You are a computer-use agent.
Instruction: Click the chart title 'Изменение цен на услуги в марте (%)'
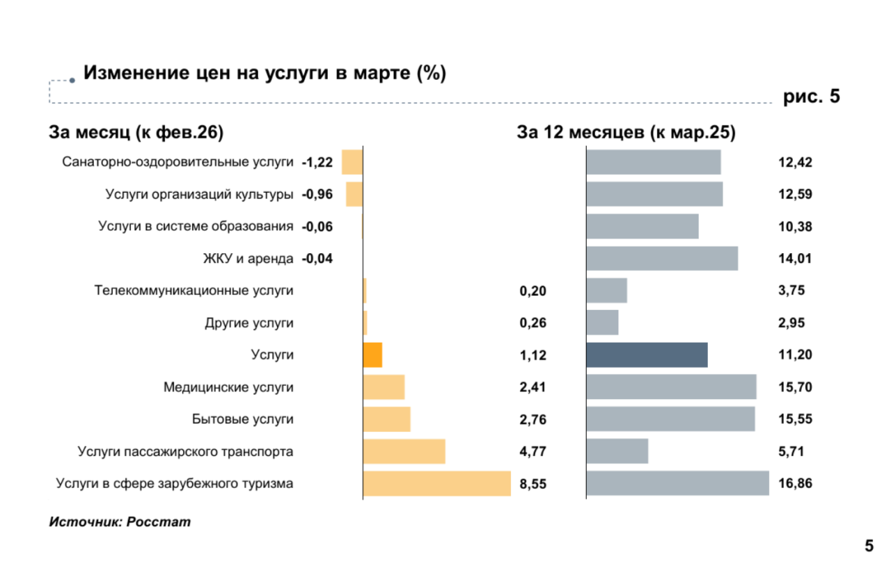265,74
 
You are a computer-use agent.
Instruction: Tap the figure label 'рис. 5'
812,97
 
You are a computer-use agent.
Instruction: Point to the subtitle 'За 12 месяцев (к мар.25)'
626,132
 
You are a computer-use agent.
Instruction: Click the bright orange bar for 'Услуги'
372,355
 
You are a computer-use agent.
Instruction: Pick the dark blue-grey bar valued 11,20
647,355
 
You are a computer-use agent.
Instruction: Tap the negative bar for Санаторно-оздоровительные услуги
352,162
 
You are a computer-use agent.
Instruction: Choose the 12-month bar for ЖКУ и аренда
662,259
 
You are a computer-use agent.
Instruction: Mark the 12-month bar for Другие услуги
602,323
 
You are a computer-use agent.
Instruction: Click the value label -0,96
317,195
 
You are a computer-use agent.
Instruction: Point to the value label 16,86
795,484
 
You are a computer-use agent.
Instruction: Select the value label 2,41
533,387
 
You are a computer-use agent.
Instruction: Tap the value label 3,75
791,291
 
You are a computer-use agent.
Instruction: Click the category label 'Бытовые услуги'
242,419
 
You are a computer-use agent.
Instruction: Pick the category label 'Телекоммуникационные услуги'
194,291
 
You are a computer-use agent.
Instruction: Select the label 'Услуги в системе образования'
196,227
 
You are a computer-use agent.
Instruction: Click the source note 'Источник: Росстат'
119,521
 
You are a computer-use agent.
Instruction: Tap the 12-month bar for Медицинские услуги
671,387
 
